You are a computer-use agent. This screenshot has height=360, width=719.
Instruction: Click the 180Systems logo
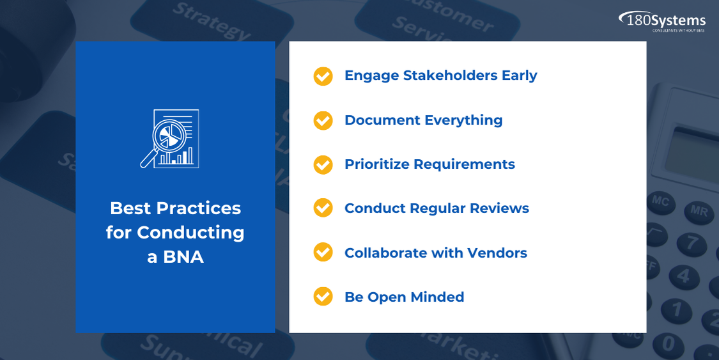tap(662, 21)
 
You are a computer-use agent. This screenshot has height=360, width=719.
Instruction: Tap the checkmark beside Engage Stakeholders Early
tap(323, 76)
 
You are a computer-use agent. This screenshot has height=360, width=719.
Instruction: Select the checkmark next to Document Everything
tap(323, 120)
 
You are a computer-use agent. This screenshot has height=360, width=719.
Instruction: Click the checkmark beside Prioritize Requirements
tap(323, 164)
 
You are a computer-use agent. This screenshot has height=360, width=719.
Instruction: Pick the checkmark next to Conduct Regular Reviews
tap(323, 208)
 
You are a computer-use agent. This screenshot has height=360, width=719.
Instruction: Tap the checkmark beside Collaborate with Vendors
tap(323, 252)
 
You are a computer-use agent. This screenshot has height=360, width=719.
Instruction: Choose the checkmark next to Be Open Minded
tap(323, 296)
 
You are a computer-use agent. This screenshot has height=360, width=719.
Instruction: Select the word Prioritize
tap(376, 164)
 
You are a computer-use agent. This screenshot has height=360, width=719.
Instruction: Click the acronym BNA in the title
tap(183, 257)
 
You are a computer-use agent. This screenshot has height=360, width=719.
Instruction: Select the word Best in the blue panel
tap(130, 208)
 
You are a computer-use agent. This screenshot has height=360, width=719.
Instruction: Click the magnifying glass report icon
tap(170, 139)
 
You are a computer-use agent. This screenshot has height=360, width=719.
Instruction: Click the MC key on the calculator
tap(660, 202)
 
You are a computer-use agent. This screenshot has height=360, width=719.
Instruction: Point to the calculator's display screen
tap(691, 152)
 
